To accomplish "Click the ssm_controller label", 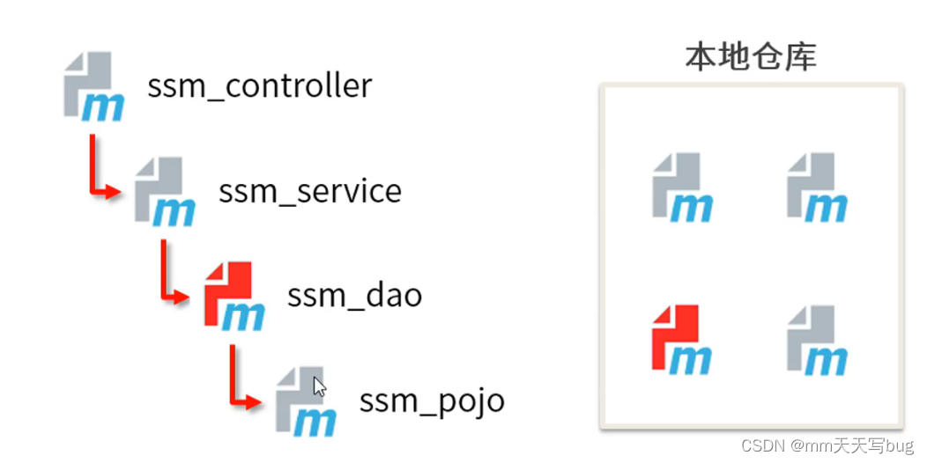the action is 259,86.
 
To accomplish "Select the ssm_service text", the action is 310,191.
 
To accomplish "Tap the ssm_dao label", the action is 354,295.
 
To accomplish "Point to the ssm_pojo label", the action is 432,401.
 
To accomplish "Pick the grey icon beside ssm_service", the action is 164,191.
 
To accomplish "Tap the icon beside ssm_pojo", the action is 304,401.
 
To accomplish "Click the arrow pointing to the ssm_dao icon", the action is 172,275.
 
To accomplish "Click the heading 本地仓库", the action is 751,56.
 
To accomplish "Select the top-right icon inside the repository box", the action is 816,187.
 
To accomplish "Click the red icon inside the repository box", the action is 681,339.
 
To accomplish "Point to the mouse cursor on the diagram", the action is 319,386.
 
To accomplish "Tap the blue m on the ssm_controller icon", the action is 103,107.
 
